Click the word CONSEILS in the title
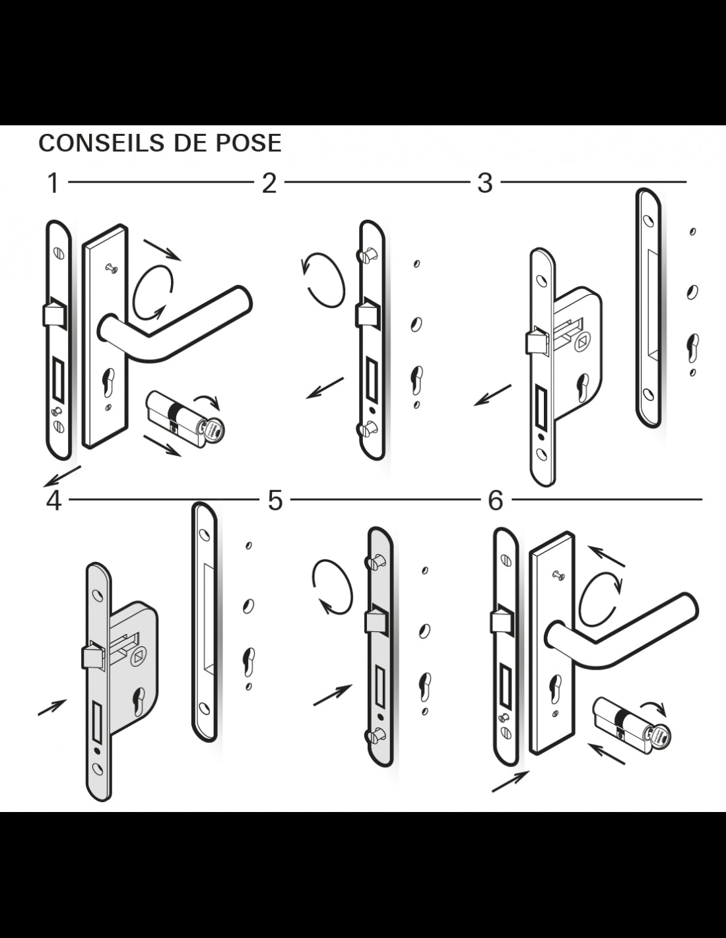coord(102,143)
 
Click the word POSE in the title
coord(248,143)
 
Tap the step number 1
coord(53,183)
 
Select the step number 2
coord(269,183)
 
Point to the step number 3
coord(485,183)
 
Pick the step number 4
coord(54,501)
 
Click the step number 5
coord(275,501)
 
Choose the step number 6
coord(496,501)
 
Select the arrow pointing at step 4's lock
coord(52,708)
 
